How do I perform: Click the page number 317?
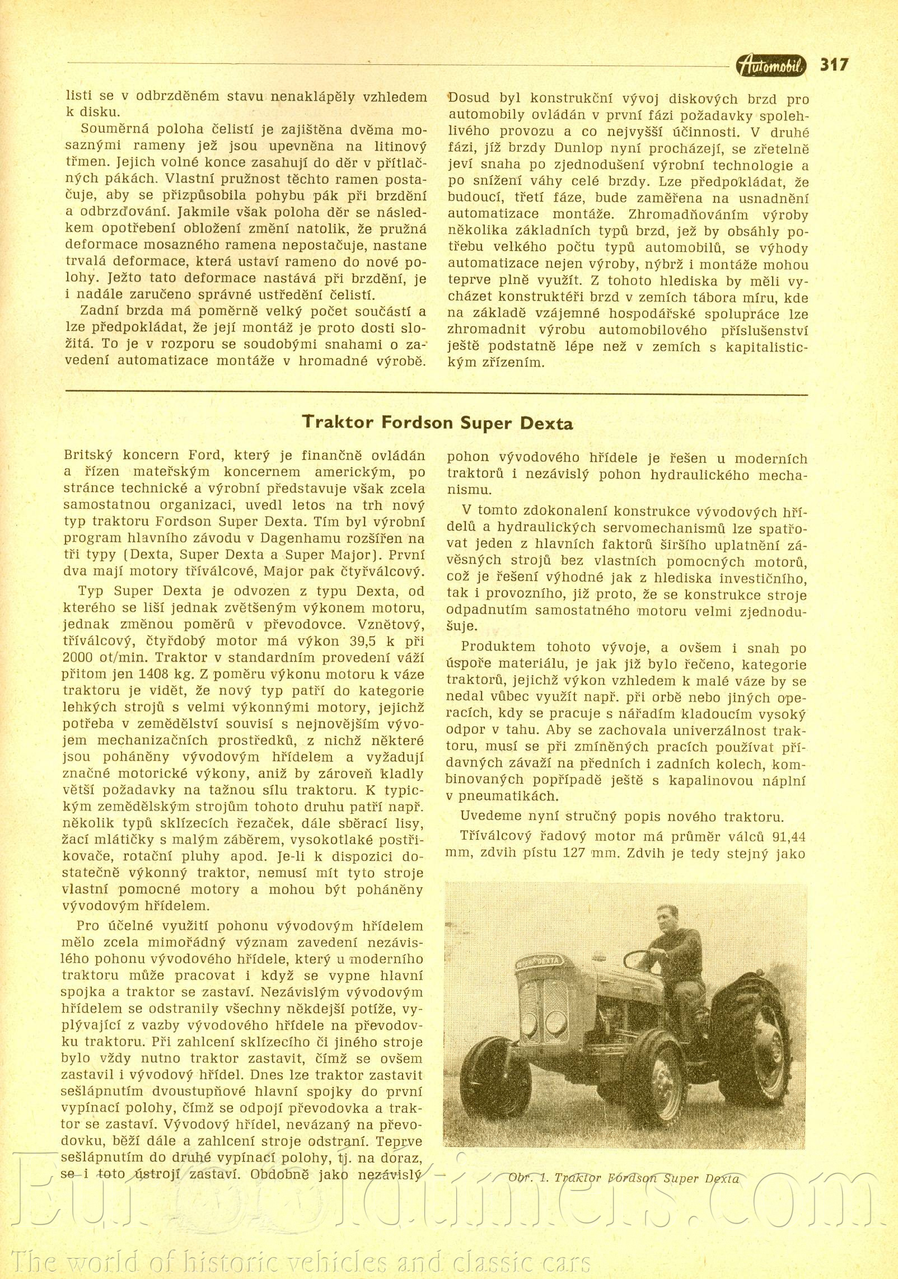pos(834,65)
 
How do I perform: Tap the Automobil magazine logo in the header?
pos(771,66)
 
